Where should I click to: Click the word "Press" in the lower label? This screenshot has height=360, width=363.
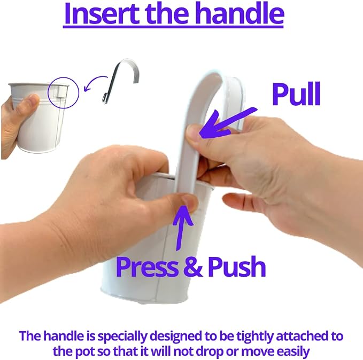pos(148,267)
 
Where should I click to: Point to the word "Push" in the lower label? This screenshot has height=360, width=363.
pos(237,267)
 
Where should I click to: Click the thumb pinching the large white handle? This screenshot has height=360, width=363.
pos(194,134)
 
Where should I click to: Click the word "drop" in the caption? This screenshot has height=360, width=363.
pos(210,352)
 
